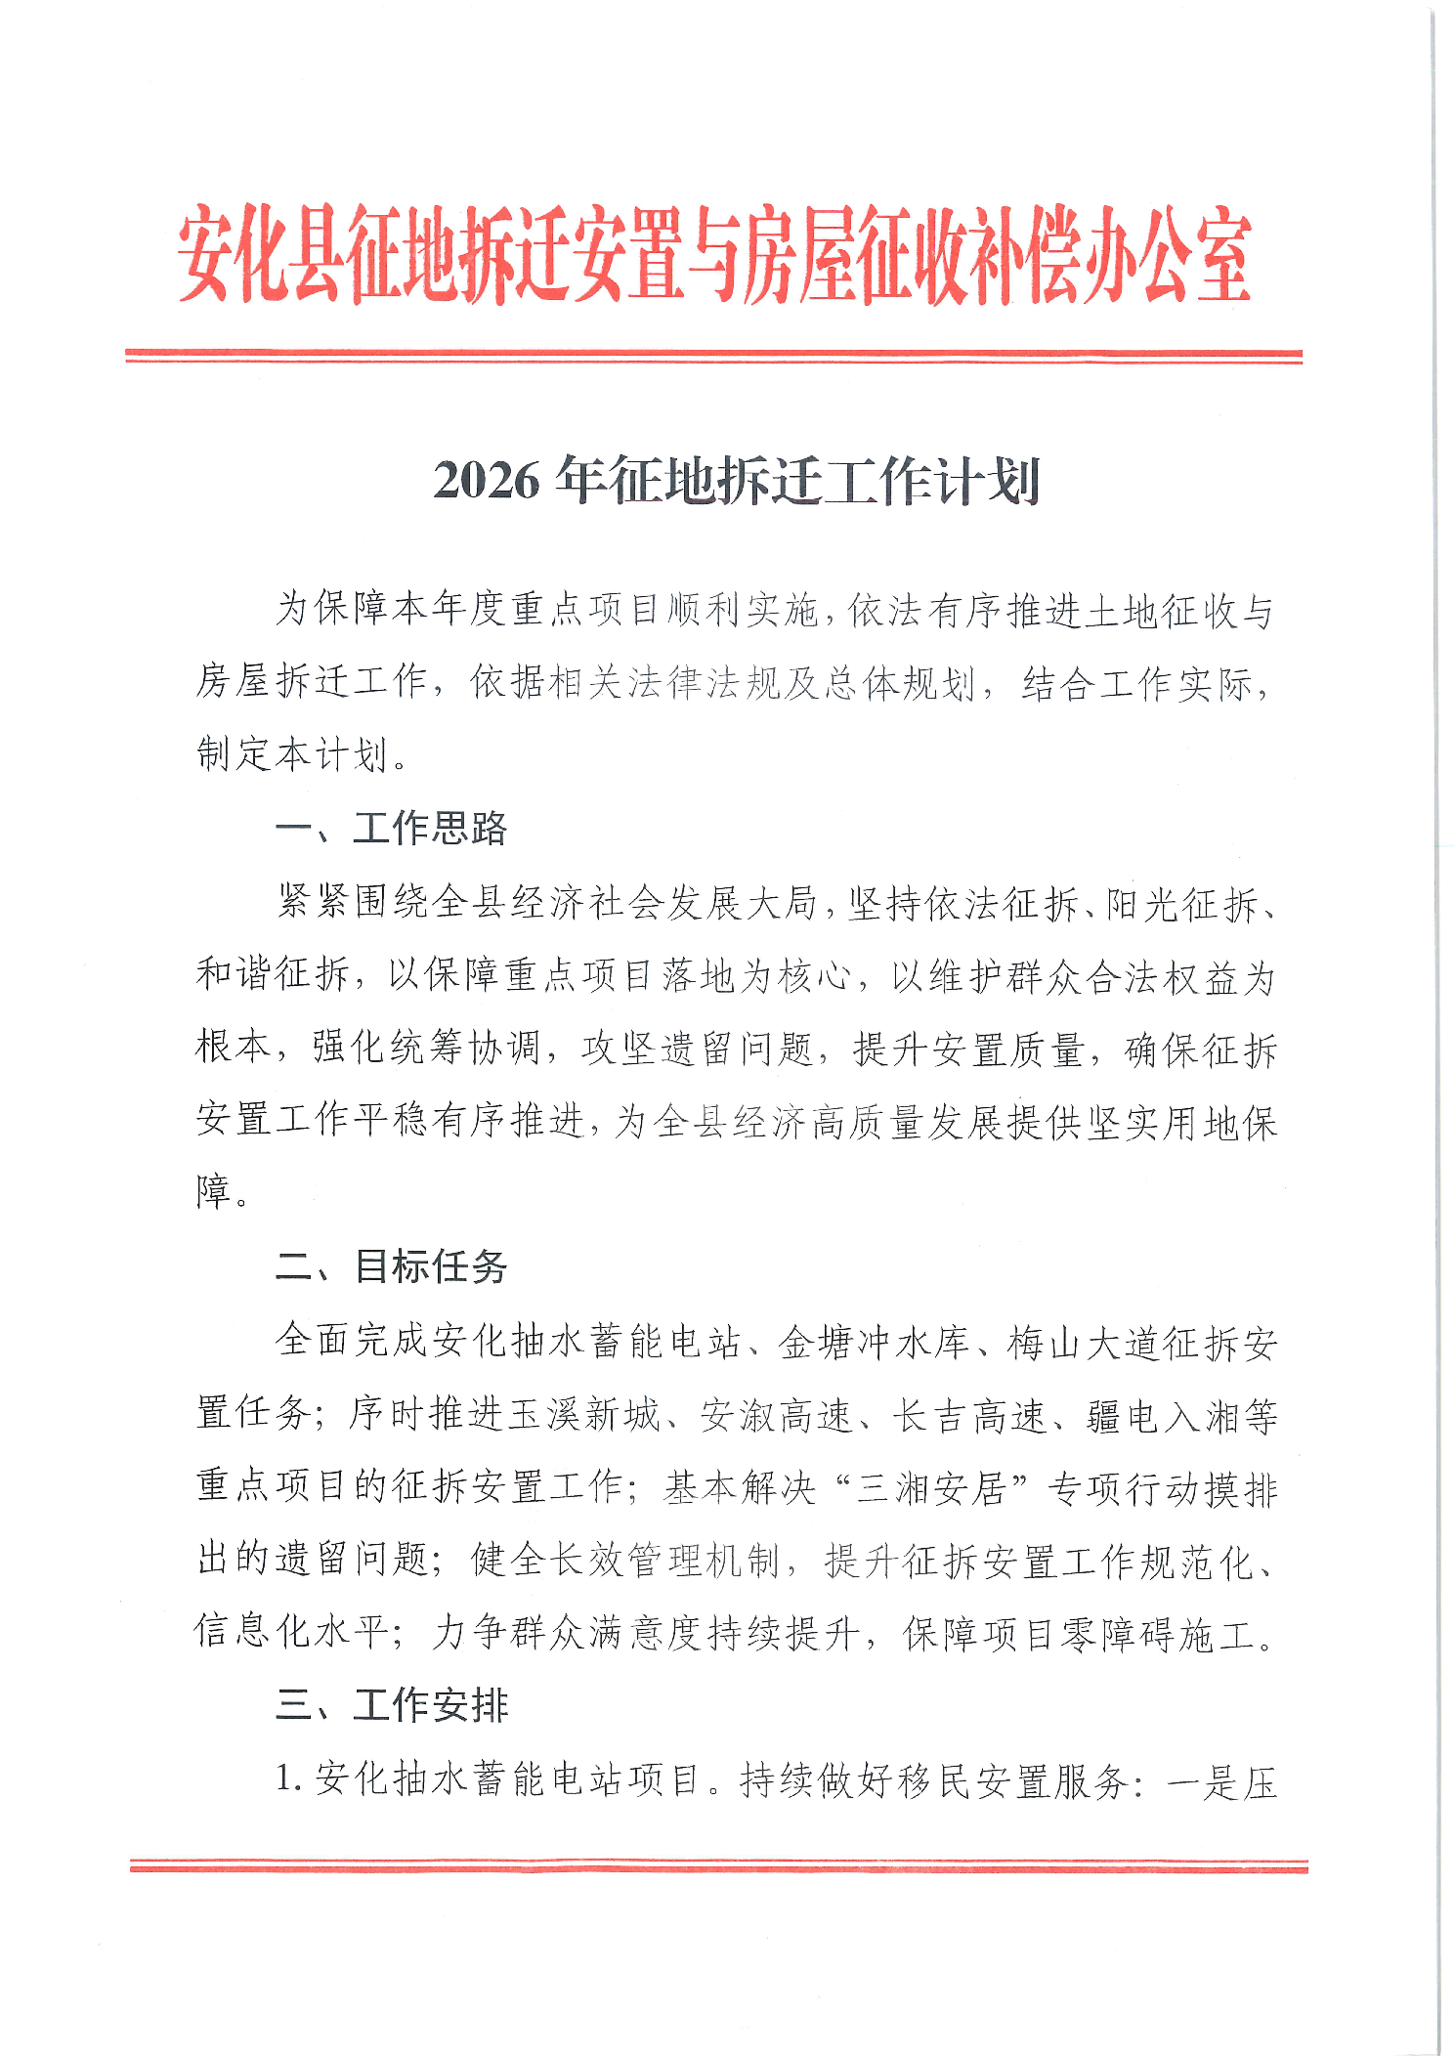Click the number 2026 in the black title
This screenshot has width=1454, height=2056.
(x=486, y=481)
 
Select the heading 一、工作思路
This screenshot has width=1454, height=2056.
(x=391, y=829)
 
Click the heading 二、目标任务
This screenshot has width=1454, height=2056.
(x=391, y=1266)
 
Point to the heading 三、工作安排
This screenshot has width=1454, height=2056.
(x=391, y=1705)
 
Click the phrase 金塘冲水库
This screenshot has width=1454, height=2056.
(x=874, y=1343)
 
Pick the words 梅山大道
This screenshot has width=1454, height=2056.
(x=1085, y=1343)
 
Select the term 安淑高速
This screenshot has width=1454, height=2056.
(x=777, y=1415)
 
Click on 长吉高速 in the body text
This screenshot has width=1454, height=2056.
(x=969, y=1415)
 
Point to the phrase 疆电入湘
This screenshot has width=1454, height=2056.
(x=1163, y=1415)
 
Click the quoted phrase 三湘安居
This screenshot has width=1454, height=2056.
(x=931, y=1488)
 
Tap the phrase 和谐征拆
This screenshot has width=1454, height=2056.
(x=272, y=975)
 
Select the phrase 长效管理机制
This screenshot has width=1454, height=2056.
(x=664, y=1561)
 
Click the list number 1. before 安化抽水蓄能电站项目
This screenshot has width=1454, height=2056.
(x=288, y=1779)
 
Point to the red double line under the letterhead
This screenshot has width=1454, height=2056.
(x=713, y=356)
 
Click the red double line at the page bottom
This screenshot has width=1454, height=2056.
(x=718, y=1866)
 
